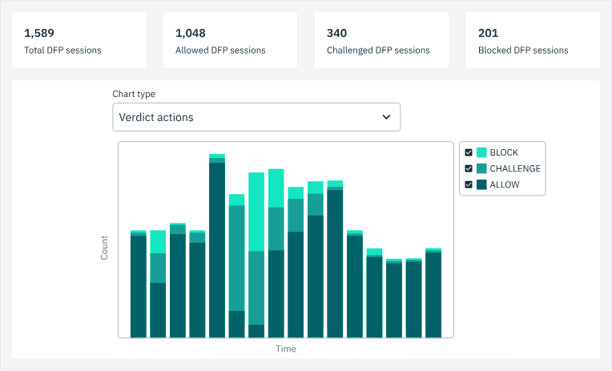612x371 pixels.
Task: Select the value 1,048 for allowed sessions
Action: coord(190,34)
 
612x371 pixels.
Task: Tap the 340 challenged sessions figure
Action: coord(336,34)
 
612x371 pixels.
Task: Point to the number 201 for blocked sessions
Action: coord(488,34)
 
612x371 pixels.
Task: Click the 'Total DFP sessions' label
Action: coord(62,50)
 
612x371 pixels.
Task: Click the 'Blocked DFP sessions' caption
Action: coord(523,50)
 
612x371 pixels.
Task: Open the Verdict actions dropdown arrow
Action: coord(386,117)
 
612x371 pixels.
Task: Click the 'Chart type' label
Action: coord(134,95)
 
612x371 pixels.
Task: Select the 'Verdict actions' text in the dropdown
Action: coord(156,117)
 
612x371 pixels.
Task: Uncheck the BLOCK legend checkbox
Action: coord(469,152)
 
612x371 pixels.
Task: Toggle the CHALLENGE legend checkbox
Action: coord(469,168)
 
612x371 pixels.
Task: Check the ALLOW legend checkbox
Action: coord(469,184)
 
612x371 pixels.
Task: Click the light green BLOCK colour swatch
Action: coord(481,152)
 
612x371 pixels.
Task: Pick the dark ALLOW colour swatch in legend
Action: coord(481,184)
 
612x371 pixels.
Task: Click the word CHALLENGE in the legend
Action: coord(515,168)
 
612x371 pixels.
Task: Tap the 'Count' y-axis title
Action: coord(104,248)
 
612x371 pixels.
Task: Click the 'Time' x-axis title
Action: coord(286,349)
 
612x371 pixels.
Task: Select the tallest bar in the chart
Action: coord(217,248)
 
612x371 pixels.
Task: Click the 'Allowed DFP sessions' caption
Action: coord(220,50)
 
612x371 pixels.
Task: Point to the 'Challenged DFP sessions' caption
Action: coord(378,50)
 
